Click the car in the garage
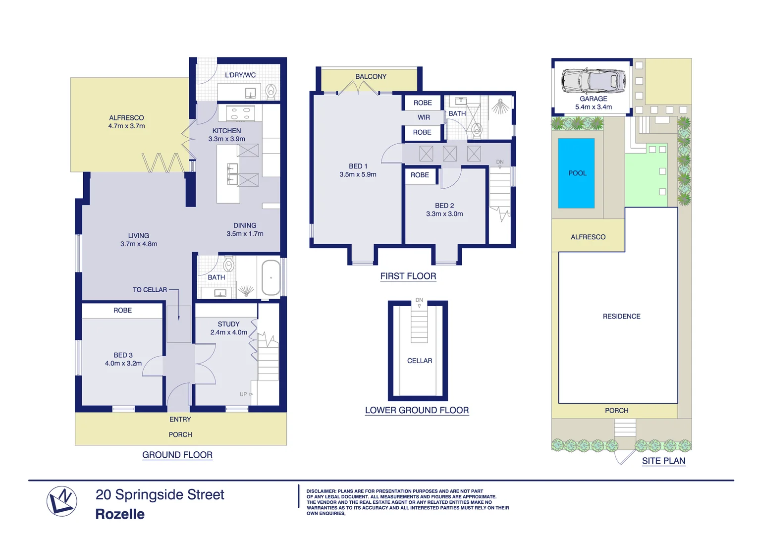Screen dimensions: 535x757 593,81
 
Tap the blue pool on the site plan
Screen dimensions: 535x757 576,173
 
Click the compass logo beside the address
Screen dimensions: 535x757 62,501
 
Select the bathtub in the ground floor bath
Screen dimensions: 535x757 271,278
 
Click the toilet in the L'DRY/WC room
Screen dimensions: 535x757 271,92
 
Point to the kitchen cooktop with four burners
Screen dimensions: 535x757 240,113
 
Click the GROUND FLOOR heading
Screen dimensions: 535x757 177,455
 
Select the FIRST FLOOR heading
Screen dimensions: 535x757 408,276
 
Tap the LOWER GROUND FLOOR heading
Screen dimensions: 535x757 417,410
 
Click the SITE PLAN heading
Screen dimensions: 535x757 663,461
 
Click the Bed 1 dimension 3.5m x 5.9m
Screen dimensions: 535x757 358,174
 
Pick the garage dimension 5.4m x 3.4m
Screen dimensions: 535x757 593,107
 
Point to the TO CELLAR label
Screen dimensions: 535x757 150,290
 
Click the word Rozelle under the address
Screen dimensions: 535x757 120,514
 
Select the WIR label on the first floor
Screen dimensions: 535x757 424,117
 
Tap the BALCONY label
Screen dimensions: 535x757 371,77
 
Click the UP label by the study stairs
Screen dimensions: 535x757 243,394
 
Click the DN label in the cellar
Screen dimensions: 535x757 419,300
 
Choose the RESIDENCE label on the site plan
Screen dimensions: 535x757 621,317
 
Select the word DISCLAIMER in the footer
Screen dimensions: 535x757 321,491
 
